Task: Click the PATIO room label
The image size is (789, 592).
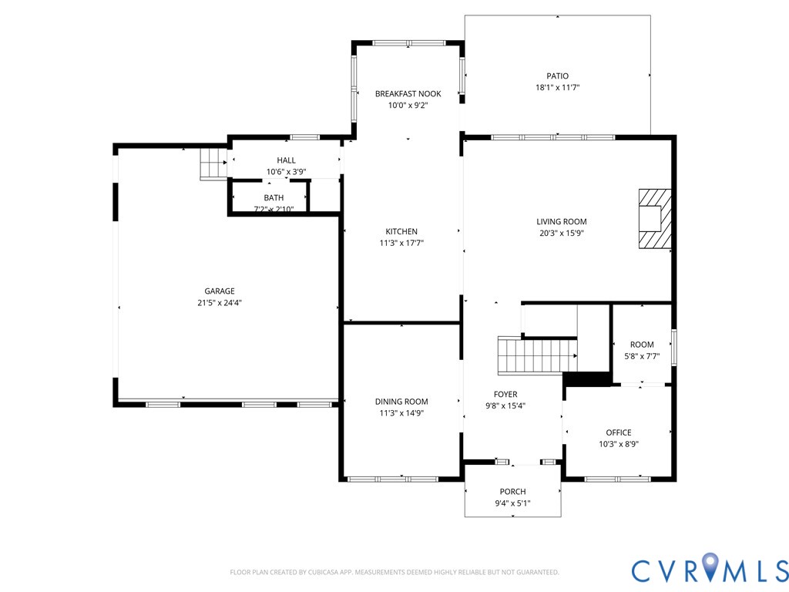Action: pyautogui.click(x=558, y=76)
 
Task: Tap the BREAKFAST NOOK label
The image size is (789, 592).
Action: pyautogui.click(x=408, y=93)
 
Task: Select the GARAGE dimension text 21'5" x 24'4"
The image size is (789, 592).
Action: pyautogui.click(x=220, y=303)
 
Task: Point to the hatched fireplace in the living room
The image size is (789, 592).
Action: pyautogui.click(x=655, y=218)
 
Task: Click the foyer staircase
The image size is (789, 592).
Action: pyautogui.click(x=537, y=356)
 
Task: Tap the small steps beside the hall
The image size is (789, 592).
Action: pyautogui.click(x=214, y=163)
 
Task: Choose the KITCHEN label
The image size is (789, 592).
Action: pyautogui.click(x=401, y=231)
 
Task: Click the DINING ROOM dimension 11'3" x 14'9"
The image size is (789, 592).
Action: pyautogui.click(x=401, y=413)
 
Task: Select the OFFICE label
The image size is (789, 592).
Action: pyautogui.click(x=619, y=432)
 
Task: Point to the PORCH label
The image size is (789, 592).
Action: pyautogui.click(x=512, y=491)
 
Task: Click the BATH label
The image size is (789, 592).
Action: pyautogui.click(x=274, y=198)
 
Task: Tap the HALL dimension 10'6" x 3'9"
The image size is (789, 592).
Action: pyautogui.click(x=287, y=172)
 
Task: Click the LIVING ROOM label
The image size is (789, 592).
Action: pyautogui.click(x=562, y=221)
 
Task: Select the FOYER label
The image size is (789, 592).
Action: pyautogui.click(x=505, y=394)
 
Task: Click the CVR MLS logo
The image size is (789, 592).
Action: pyautogui.click(x=710, y=569)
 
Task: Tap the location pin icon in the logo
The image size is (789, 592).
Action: pyautogui.click(x=710, y=565)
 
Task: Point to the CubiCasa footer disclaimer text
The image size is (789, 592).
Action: pyautogui.click(x=394, y=573)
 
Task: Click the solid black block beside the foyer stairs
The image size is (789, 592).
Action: pyautogui.click(x=586, y=379)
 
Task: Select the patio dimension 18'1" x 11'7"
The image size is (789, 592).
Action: pyautogui.click(x=558, y=88)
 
